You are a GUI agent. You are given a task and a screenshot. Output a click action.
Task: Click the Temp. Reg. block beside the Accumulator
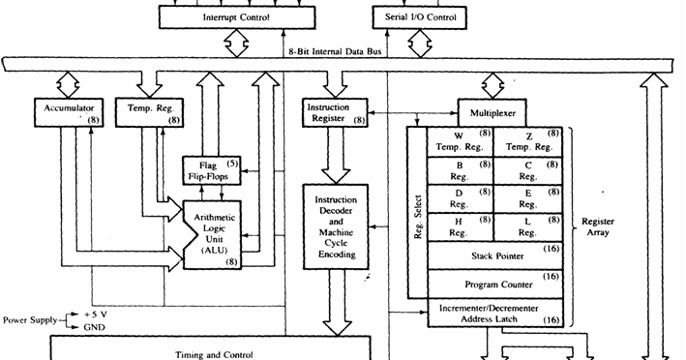[148, 111]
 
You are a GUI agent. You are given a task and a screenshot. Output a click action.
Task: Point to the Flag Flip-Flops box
[214, 170]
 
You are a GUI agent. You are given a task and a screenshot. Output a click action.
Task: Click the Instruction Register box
[335, 112]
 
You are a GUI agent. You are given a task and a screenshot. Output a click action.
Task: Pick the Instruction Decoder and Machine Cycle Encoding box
[335, 227]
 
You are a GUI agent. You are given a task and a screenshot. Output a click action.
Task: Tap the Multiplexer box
[494, 111]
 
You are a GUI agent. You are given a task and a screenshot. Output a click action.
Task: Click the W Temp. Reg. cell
[461, 141]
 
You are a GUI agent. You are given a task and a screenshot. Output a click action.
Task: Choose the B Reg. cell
[461, 171]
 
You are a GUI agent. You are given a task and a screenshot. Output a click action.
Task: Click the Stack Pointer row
[495, 256]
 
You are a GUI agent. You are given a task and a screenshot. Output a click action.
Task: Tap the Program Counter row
[495, 285]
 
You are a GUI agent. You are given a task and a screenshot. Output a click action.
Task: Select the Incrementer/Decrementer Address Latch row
[495, 313]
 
